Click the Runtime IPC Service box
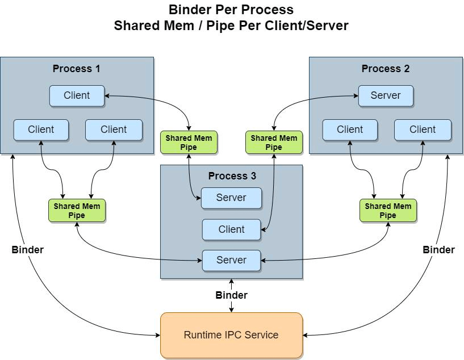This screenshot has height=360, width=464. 231,335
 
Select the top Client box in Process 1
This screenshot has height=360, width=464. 77,95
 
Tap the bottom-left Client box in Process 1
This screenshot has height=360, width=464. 41,129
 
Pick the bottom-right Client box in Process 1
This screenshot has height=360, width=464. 114,129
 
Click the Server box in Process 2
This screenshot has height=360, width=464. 386,95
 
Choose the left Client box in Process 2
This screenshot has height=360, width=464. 350,129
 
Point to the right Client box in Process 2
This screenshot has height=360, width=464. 423,129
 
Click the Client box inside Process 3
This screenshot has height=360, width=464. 231,229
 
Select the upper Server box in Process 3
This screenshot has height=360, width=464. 231,198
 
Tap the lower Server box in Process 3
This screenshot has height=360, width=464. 231,260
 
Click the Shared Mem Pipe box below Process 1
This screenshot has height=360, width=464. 77,211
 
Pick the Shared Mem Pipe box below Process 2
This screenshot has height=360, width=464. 388,211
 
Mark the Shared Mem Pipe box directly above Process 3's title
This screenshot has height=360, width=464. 189,143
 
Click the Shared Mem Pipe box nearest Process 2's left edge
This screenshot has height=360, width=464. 274,143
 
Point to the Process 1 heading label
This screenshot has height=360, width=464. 77,69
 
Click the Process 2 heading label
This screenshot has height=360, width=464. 386,69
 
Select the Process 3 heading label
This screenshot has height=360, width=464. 232,176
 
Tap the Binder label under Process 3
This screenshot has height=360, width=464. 231,295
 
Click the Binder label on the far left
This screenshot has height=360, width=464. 27,249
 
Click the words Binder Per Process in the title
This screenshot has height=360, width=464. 231,10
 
